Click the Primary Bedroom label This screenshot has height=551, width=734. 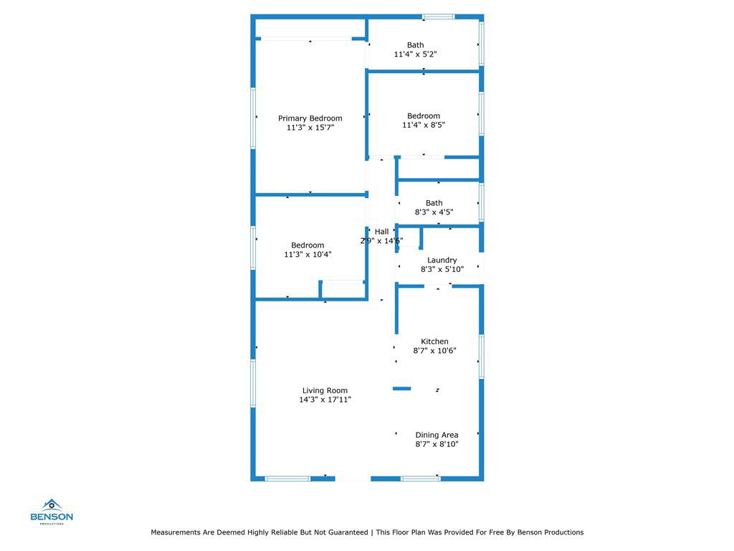[310, 118]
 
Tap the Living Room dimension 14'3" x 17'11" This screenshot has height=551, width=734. [325, 400]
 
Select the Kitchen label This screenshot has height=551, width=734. [434, 342]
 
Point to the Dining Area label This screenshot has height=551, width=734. [437, 435]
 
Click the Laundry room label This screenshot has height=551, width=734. [442, 260]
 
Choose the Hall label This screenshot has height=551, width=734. [381, 232]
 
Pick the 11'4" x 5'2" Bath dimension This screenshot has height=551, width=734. [415, 55]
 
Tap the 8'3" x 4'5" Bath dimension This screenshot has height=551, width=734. [434, 212]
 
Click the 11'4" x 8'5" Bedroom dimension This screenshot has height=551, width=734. [424, 125]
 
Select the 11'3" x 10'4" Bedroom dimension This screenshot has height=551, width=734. [308, 255]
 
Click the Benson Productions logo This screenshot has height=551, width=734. [52, 512]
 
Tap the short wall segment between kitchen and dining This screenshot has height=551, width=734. [401, 388]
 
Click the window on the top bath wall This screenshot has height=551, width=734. [438, 17]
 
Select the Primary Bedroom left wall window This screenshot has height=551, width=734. [253, 118]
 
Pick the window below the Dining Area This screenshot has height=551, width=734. [420, 479]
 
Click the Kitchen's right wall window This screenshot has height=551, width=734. [481, 356]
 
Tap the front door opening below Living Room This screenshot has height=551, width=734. [353, 479]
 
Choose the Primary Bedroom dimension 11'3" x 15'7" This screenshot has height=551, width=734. [310, 128]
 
